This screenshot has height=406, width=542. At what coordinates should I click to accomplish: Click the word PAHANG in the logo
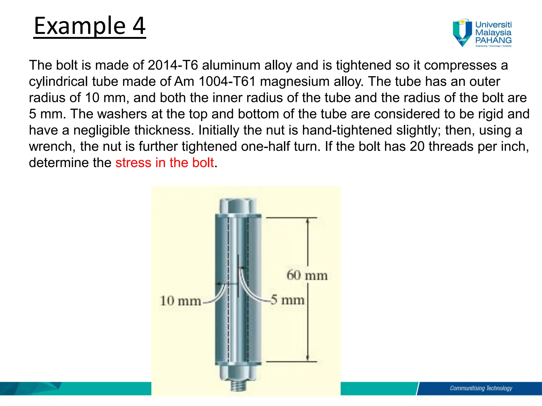click(x=493, y=40)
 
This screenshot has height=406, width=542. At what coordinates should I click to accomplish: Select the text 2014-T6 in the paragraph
click(x=173, y=65)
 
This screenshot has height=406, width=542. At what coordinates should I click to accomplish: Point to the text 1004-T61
click(x=227, y=81)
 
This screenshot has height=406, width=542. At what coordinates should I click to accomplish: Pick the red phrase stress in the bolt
click(x=164, y=163)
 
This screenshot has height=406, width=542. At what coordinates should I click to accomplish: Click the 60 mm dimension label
click(x=307, y=275)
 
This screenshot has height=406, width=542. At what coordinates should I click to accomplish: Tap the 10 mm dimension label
click(x=180, y=301)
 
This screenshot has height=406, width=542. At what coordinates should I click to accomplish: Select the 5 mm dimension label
click(x=288, y=300)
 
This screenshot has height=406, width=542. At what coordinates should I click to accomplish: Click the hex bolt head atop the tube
click(x=238, y=206)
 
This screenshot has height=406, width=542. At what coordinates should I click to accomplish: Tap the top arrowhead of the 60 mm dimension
click(x=308, y=221)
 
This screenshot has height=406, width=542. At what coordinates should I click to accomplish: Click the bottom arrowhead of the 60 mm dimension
click(x=308, y=358)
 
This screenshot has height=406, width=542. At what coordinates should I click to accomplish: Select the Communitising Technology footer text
click(x=481, y=388)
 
